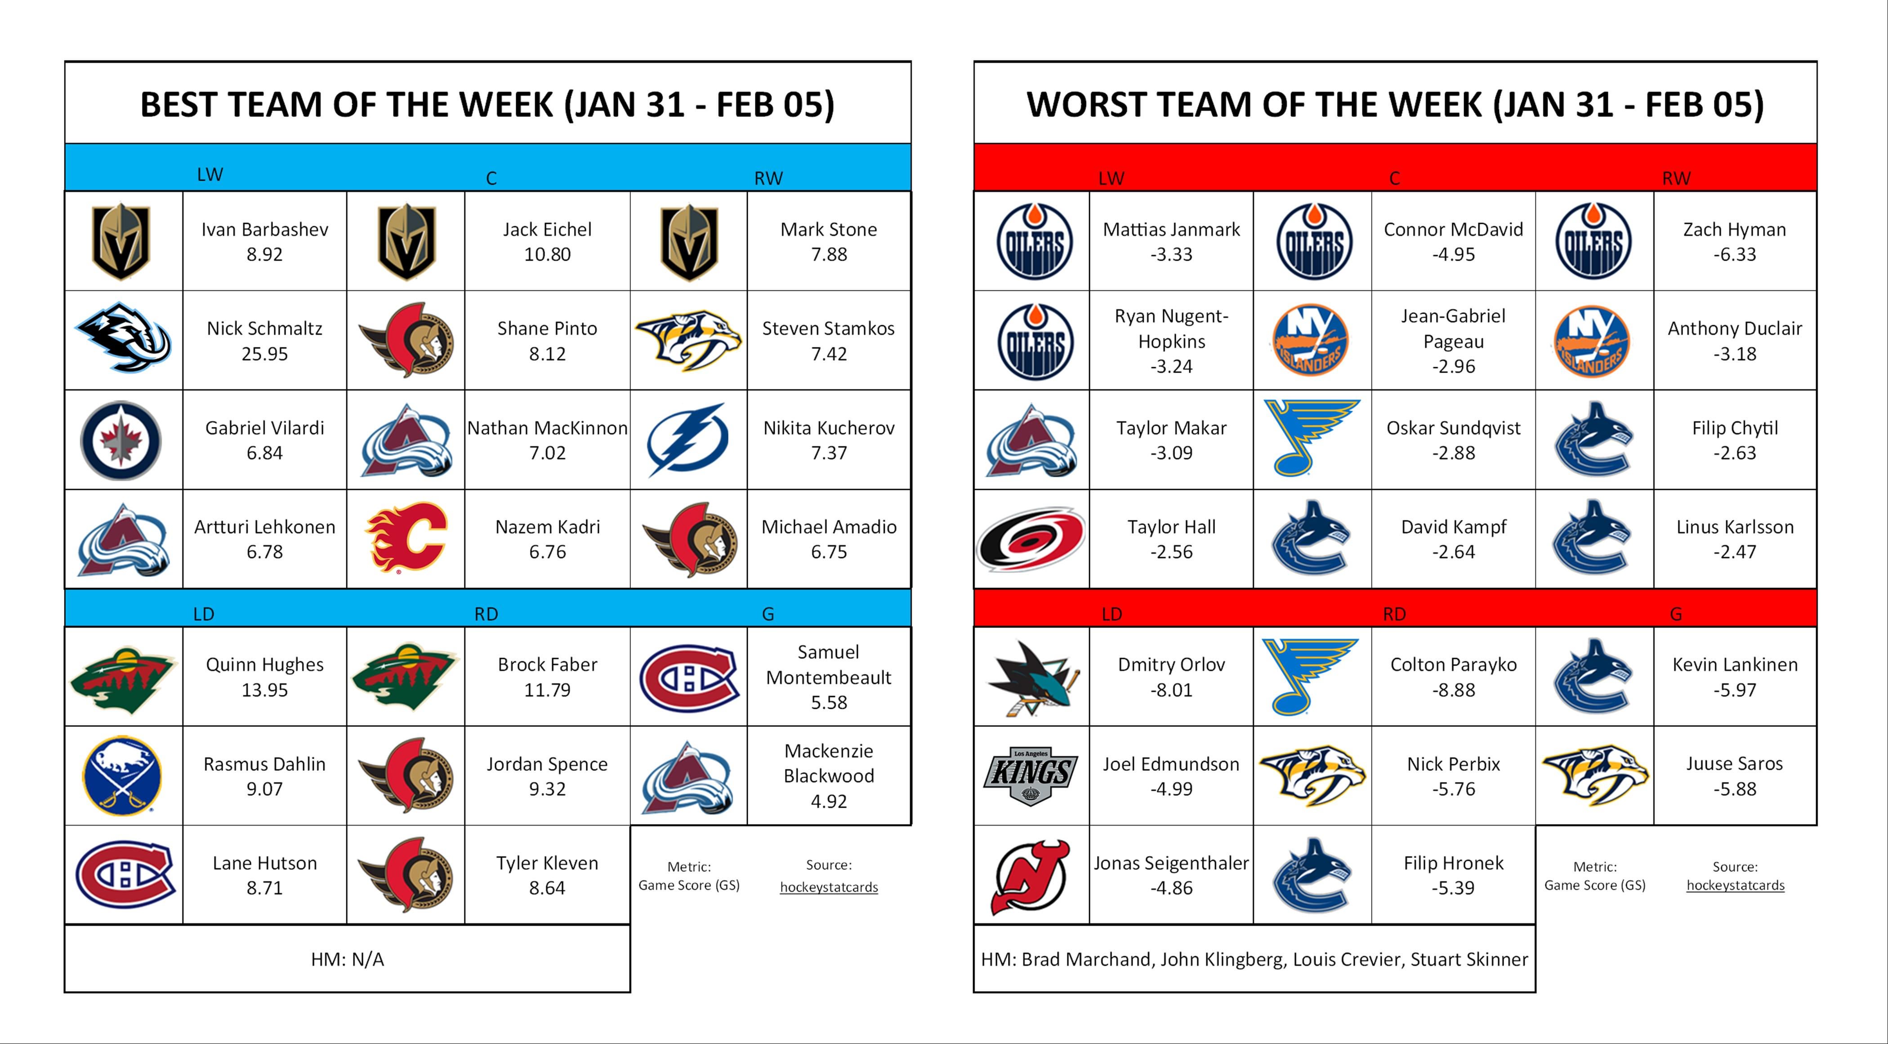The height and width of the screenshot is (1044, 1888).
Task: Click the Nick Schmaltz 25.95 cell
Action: pos(264,341)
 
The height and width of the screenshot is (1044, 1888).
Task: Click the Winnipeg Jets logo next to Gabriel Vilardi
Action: pos(121,440)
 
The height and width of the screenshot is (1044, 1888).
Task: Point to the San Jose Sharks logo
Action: pos(1033,678)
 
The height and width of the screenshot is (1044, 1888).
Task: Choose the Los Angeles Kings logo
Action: pos(1031,777)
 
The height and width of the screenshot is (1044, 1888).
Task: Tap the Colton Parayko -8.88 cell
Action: pos(1453,677)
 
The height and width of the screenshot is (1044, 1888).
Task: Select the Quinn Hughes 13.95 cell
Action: pos(264,677)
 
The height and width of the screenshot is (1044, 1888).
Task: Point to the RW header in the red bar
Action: pos(1676,178)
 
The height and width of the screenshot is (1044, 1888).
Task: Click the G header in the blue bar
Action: pos(768,614)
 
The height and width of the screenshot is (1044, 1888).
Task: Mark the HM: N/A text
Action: pos(348,959)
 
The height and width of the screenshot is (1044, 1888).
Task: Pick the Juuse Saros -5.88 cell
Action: pos(1734,776)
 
